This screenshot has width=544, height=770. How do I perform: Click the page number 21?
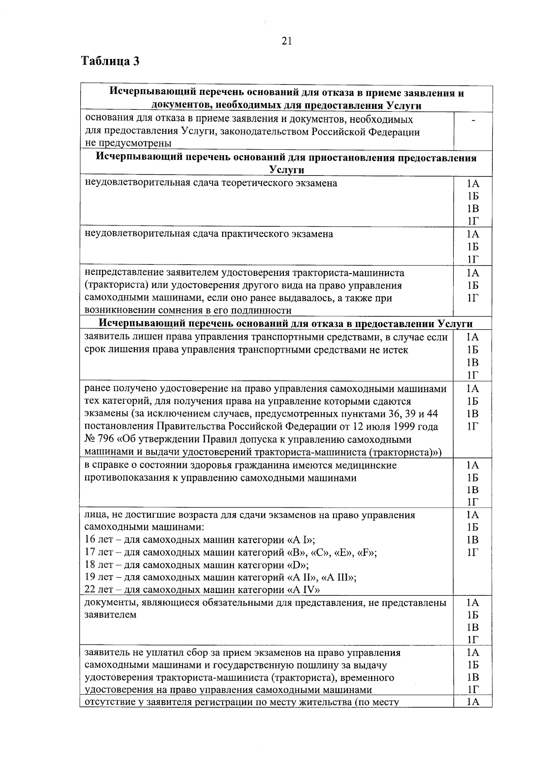[x=287, y=41]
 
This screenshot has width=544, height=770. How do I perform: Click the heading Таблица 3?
[x=110, y=61]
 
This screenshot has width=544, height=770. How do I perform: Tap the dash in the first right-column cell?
[x=473, y=120]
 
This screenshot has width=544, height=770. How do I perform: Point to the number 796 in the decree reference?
[x=105, y=440]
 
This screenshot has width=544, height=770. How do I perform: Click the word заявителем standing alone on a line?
[x=111, y=615]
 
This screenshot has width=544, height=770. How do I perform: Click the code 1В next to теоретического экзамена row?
[x=473, y=209]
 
